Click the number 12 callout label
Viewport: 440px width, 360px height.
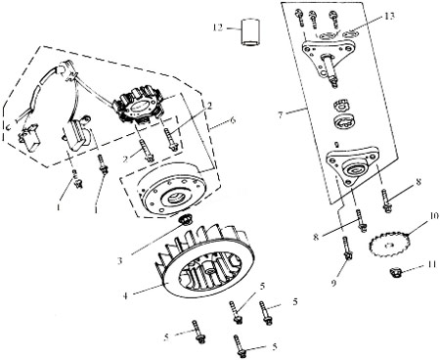tap(218, 27)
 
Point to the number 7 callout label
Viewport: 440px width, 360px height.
tap(281, 114)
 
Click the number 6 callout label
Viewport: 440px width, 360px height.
tap(233, 119)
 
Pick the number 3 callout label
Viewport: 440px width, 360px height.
tap(120, 260)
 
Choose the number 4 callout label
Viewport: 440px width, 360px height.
tap(125, 295)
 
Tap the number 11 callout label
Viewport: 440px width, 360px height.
tap(432, 264)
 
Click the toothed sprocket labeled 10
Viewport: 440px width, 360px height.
tap(387, 245)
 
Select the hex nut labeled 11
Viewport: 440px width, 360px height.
tap(396, 272)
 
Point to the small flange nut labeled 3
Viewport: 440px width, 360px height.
tap(187, 220)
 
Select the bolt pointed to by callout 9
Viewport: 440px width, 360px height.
tap(346, 248)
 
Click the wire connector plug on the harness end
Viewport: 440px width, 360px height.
tap(31, 139)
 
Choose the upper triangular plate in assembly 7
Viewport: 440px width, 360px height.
tap(327, 56)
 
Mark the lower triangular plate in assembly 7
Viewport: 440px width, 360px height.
tap(351, 165)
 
